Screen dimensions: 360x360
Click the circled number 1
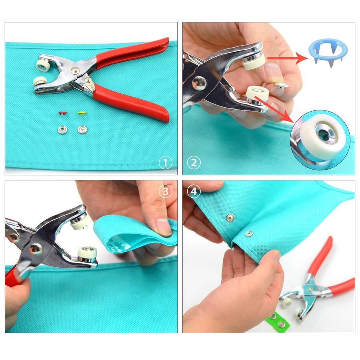[x=165, y=162]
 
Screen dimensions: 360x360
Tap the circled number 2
[x=194, y=162]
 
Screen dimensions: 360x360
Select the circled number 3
[x=165, y=191]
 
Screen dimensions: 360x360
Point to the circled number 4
[x=194, y=191]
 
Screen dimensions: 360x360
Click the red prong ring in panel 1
[x=62, y=113]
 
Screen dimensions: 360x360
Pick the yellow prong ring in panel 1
[x=82, y=113]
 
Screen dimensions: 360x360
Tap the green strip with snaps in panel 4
[x=278, y=320]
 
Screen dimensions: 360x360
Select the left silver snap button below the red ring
[x=62, y=130]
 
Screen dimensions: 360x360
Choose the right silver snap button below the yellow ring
[x=82, y=130]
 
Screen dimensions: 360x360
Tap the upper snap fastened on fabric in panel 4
[x=230, y=217]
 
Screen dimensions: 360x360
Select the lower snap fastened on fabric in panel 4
[x=249, y=234]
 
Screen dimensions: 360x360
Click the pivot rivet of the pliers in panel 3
[x=36, y=249]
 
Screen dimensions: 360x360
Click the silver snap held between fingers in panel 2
[x=282, y=86]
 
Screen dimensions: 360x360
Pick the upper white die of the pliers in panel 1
[x=43, y=66]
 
